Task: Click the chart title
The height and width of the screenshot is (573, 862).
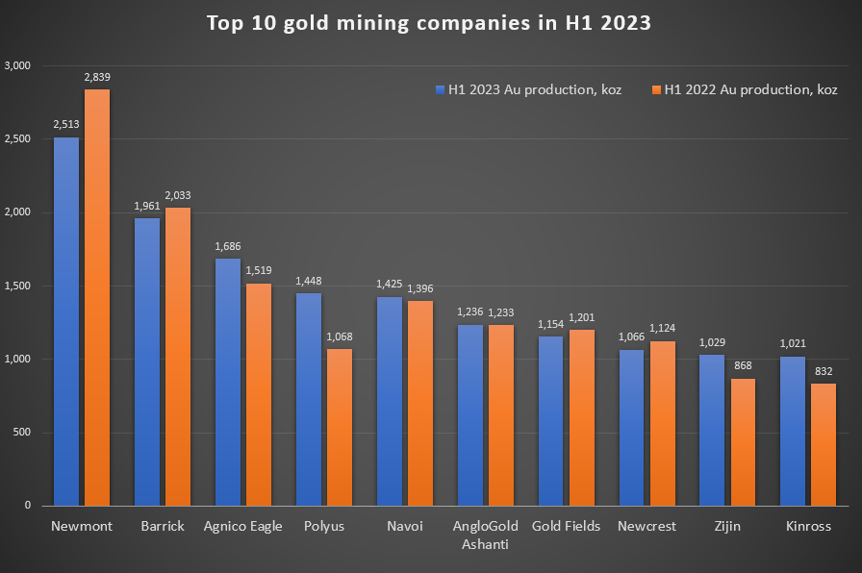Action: (429, 23)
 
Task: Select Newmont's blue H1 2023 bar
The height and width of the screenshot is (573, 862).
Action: (66, 321)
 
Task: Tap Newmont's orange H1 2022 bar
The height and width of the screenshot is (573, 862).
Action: (97, 297)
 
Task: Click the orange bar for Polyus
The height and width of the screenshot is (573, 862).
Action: (340, 427)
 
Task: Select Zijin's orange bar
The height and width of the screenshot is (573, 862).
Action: (743, 441)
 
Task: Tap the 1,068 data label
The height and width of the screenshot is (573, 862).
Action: (340, 337)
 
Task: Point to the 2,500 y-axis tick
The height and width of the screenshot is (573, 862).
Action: (18, 139)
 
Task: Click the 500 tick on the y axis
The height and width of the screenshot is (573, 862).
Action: (22, 432)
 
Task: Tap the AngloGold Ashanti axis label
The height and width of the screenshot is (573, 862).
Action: (485, 535)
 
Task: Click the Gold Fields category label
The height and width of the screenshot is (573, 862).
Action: (566, 526)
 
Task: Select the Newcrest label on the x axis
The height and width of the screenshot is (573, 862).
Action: (646, 526)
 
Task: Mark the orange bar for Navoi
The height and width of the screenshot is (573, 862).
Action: (420, 403)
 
